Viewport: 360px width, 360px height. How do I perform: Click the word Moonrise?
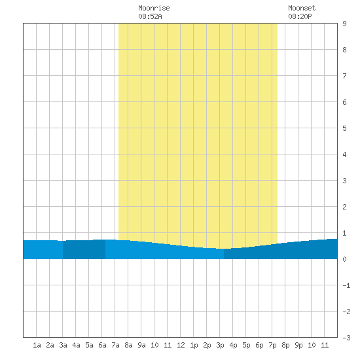coord(154,8)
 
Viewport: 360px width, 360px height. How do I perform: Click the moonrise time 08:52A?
coord(150,16)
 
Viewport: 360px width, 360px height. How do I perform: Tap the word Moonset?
coord(302,8)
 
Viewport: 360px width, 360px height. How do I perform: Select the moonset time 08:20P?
coord(300,16)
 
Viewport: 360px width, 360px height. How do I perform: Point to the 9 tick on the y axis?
coord(344,24)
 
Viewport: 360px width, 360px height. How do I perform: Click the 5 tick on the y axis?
coord(344,128)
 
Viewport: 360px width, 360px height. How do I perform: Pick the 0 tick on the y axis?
coord(344,259)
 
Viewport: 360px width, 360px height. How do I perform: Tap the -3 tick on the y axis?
coord(346,338)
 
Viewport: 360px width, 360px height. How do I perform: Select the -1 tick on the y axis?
coord(346,285)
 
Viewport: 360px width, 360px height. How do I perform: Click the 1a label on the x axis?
coord(37,345)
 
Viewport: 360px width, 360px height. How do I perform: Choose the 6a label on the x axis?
coord(102,345)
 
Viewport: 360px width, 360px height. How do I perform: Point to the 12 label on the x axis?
coord(181,345)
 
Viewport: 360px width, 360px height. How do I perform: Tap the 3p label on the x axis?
coord(220,345)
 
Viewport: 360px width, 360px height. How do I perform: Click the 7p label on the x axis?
coord(272,345)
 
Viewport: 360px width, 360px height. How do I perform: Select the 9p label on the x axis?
coord(298,345)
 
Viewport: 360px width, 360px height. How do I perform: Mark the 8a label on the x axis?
coord(128,345)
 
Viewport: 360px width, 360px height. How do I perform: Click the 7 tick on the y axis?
coord(344,76)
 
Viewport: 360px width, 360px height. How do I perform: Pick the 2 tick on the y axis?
coord(344,207)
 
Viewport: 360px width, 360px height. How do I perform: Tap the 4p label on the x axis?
coord(233,345)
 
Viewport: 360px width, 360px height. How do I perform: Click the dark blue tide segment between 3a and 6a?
coord(84,249)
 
